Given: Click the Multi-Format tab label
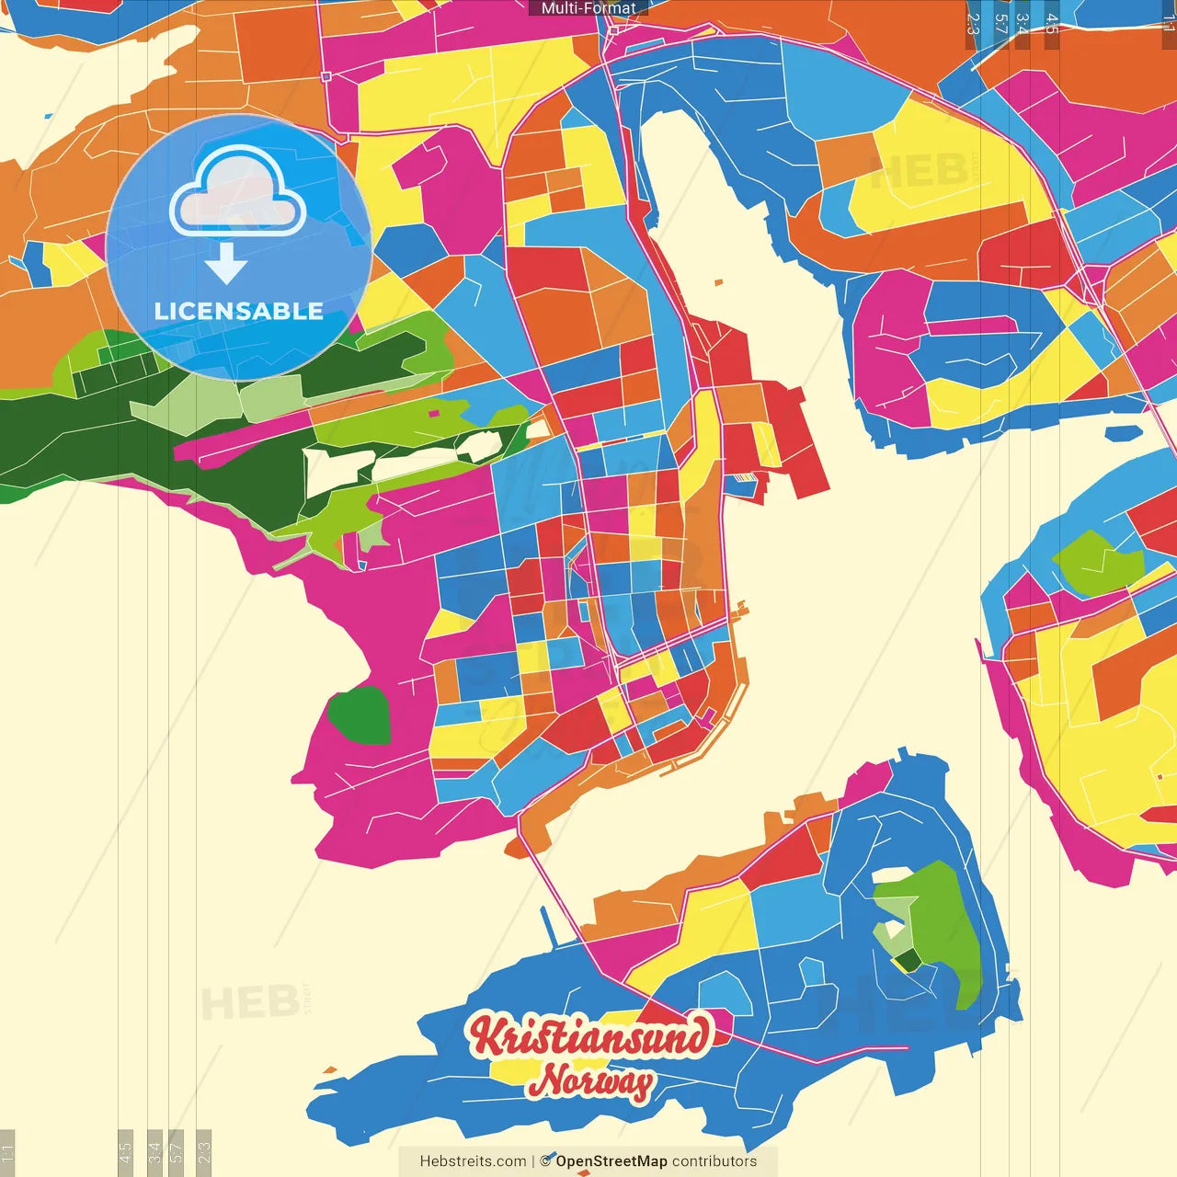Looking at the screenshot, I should click(588, 8).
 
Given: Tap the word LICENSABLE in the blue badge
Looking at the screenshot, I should click(238, 311).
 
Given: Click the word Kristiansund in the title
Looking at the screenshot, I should click(589, 1036).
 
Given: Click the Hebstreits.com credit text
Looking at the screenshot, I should click(473, 1161).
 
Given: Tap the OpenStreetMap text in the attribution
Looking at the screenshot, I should click(611, 1161).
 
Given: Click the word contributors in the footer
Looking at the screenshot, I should click(714, 1161).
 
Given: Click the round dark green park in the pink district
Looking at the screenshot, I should click(360, 715).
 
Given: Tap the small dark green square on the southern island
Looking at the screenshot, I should click(908, 961).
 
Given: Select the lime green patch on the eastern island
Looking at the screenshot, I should click(1096, 560).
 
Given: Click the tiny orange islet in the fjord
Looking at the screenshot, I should click(718, 282).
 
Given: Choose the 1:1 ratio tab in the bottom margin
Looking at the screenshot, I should click(7, 1152).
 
